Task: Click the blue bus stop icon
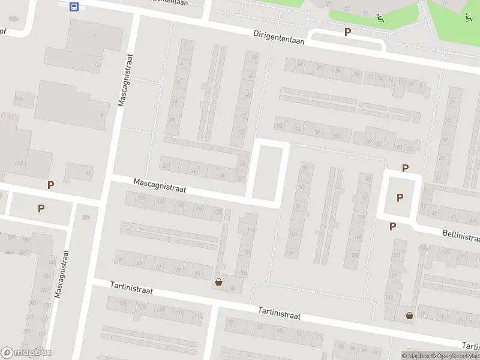pyautogui.click(x=74, y=7)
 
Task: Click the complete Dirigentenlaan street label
pyautogui.click(x=279, y=38)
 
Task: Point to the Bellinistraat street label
pyautogui.click(x=461, y=235)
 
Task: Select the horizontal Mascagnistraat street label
pyautogui.click(x=160, y=185)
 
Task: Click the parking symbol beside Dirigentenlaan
pyautogui.click(x=347, y=32)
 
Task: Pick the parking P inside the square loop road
pyautogui.click(x=400, y=197)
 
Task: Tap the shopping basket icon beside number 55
pyautogui.click(x=218, y=281)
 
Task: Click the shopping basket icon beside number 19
pyautogui.click(x=410, y=315)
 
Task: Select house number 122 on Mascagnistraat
pyautogui.click(x=218, y=211)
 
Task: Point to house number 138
pyautogui.click(x=142, y=199)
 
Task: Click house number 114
pyautogui.click(x=251, y=230)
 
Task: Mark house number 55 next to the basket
pyautogui.click(x=232, y=289)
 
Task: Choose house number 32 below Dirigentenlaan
pyautogui.click(x=301, y=64)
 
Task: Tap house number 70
pyautogui.click(x=279, y=126)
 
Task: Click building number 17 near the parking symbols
pyautogui.click(x=88, y=174)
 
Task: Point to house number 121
pyautogui.click(x=395, y=256)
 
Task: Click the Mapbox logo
pyautogui.click(x=26, y=353)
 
